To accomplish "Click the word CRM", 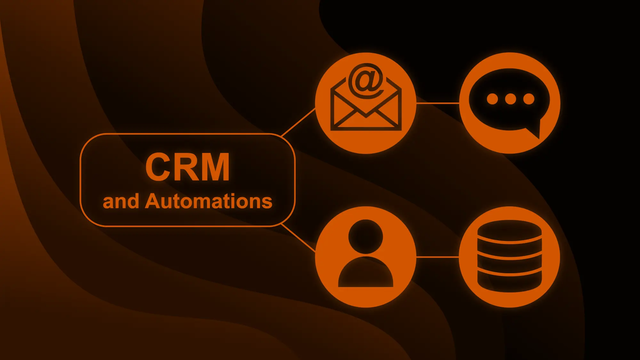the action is (188, 167).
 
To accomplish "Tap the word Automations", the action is (208, 201).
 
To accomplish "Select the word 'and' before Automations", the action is (121, 202).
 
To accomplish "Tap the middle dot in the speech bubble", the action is (510, 99).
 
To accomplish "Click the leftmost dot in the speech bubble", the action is (492, 99).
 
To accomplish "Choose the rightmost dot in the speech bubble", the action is (529, 99).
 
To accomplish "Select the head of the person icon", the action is (365, 236).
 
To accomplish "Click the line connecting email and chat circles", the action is (437, 103).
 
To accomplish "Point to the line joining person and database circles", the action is (437, 257).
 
